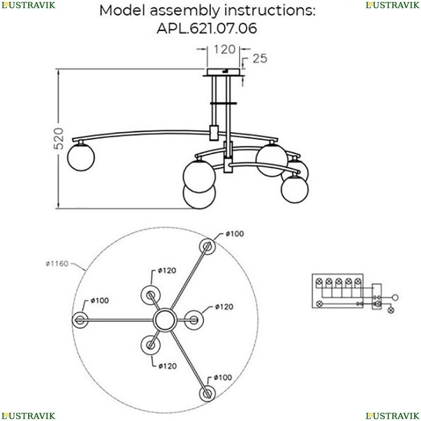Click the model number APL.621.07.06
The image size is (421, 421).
207,29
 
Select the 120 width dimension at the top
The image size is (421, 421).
224,50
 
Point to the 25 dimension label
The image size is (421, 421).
260,59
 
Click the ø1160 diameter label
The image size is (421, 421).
57,264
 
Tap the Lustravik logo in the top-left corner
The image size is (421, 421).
28,5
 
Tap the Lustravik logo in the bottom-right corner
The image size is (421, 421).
392,416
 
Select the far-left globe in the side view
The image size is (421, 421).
81,157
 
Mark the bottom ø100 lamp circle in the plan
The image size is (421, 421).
207,394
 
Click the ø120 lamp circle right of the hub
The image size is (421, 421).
194,320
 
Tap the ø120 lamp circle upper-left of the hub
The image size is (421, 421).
150,295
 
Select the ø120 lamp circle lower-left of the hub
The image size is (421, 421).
150,345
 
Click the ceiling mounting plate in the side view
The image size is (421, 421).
224,72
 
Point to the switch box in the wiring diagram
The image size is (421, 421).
377,296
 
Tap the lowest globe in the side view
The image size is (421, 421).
199,196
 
